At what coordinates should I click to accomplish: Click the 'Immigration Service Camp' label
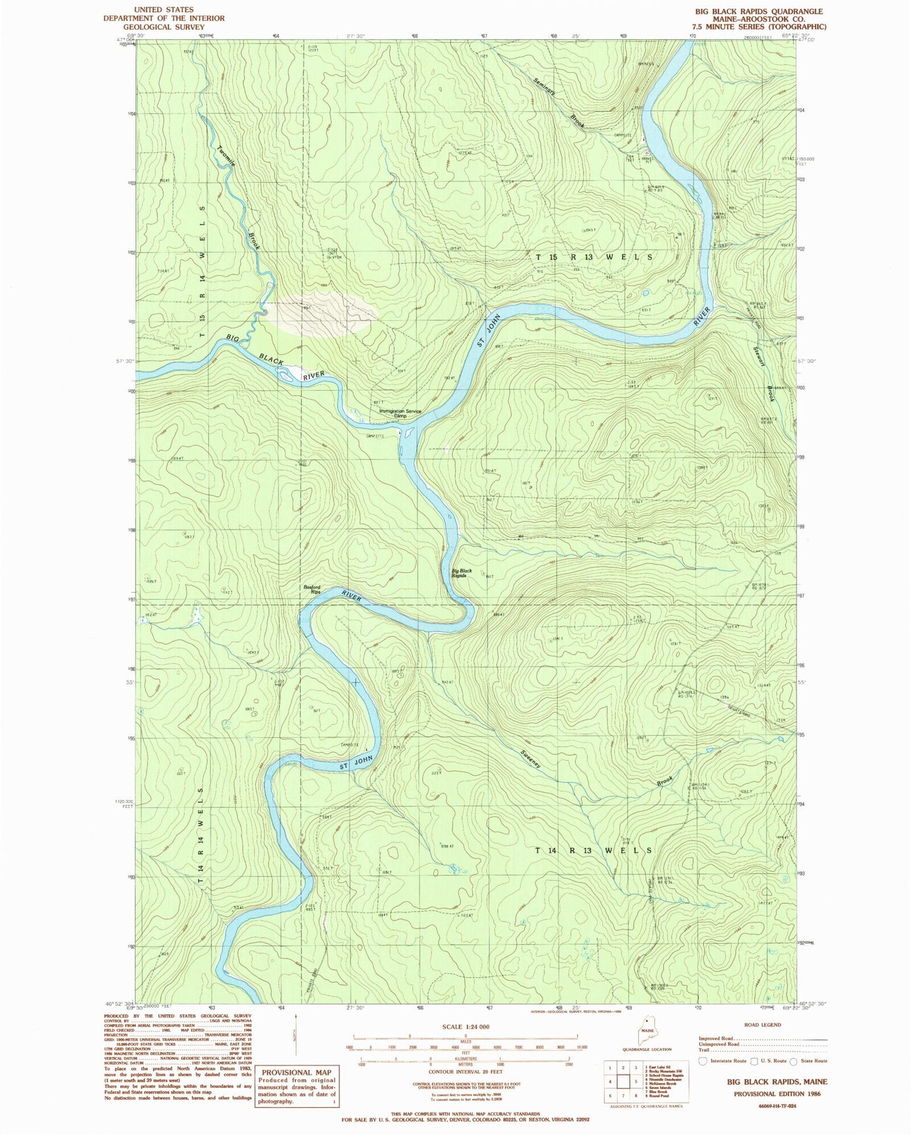[x=400, y=413]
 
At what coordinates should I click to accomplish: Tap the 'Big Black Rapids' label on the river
[x=462, y=573]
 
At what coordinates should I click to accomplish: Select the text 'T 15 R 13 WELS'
[x=594, y=257]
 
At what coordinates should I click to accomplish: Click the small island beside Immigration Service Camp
[x=408, y=433]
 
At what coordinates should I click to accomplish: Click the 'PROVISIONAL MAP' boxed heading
[x=296, y=1072]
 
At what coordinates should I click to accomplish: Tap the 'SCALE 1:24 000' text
[x=465, y=1027]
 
